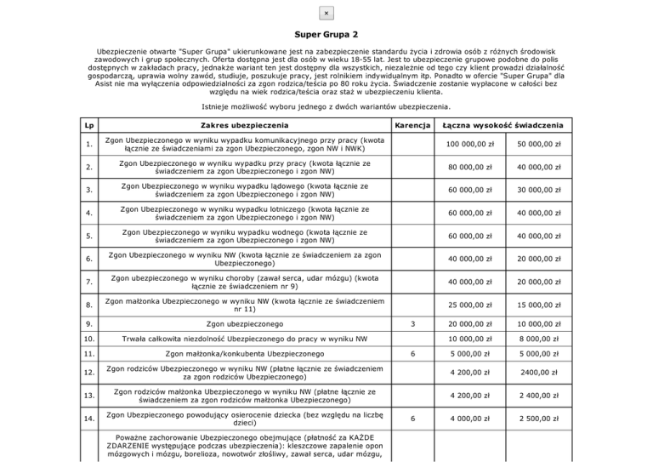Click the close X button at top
[326, 13]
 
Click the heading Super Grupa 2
[326, 35]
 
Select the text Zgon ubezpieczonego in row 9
[242, 324]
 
